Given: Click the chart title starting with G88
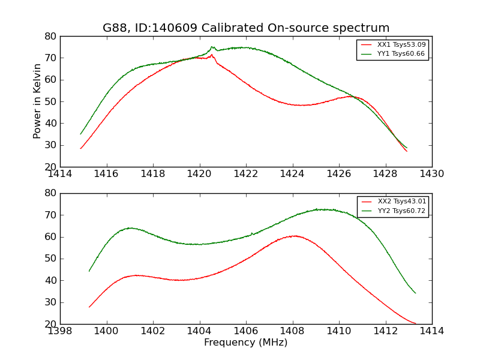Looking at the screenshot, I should (246, 28).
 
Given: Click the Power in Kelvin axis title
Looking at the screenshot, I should (37, 101).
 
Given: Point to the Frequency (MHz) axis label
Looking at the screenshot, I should (246, 343).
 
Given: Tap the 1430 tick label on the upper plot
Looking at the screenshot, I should (431, 174).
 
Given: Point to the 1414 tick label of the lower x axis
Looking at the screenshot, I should (431, 331).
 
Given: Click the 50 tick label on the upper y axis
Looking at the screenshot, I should (50, 101).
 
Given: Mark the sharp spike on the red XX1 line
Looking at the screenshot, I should (211, 55).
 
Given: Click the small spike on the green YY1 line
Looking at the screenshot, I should (212, 47).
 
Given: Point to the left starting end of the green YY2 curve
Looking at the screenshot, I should (89, 271).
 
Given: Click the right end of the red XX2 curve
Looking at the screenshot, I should (415, 323).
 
